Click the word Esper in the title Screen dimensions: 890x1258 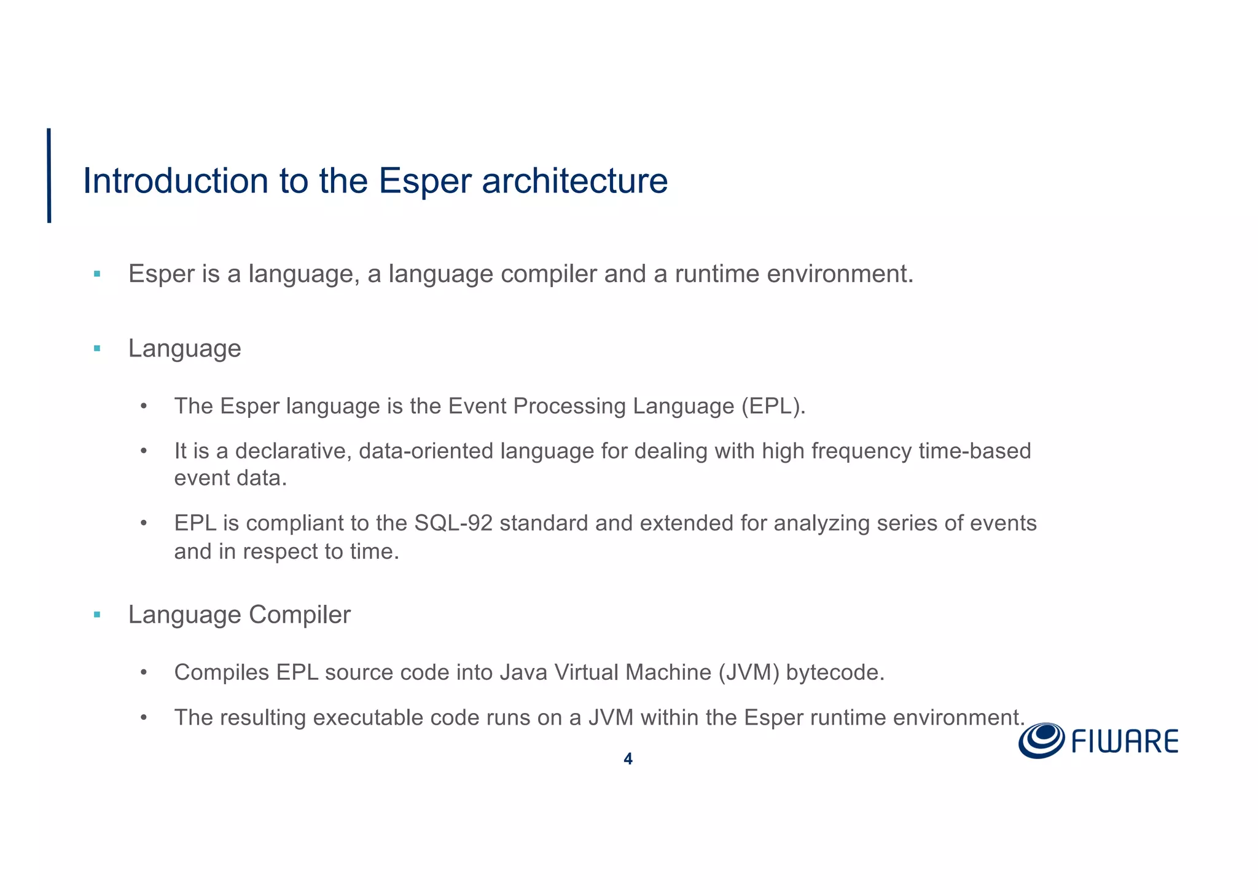pyautogui.click(x=424, y=181)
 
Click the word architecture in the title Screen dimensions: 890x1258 pyautogui.click(x=574, y=181)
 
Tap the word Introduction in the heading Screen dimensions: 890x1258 pyautogui.click(x=175, y=181)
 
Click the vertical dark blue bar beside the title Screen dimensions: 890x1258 pyautogui.click(x=49, y=175)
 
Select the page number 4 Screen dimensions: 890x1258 pyautogui.click(x=628, y=759)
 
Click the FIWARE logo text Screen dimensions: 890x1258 pyautogui.click(x=1125, y=742)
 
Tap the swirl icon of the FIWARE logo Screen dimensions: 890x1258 pyautogui.click(x=1041, y=741)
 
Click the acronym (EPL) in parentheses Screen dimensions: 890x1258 pyautogui.click(x=773, y=406)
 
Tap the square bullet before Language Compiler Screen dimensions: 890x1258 pyautogui.click(x=97, y=615)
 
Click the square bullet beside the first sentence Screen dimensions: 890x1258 pyautogui.click(x=97, y=274)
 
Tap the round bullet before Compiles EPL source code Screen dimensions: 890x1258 pyautogui.click(x=144, y=672)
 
